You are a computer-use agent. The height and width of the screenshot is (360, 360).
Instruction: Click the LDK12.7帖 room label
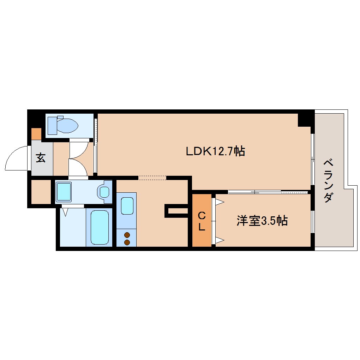click(x=216, y=152)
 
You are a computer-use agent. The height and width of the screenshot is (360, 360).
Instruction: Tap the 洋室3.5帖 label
click(x=262, y=221)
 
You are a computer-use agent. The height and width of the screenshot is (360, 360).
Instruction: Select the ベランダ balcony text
click(x=328, y=181)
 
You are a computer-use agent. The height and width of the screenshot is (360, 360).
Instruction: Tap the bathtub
click(x=100, y=227)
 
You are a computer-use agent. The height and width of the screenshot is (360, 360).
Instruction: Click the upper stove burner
click(x=127, y=235)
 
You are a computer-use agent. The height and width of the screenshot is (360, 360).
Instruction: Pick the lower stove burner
click(x=127, y=242)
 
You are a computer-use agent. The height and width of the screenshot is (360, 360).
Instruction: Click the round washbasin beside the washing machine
click(x=104, y=192)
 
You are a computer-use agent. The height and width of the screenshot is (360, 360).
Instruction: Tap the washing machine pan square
click(x=64, y=191)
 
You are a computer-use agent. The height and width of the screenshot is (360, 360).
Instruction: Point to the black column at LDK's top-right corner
click(x=305, y=119)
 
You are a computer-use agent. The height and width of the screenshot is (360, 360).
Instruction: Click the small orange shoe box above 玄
click(x=36, y=134)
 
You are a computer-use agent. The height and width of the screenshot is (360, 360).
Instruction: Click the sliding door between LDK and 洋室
click(x=268, y=192)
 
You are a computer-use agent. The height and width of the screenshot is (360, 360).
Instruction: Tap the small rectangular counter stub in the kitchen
click(x=176, y=211)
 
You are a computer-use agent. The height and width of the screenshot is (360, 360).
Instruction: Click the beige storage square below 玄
click(x=41, y=192)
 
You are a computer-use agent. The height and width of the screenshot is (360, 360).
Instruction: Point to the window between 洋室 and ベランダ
click(x=312, y=222)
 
